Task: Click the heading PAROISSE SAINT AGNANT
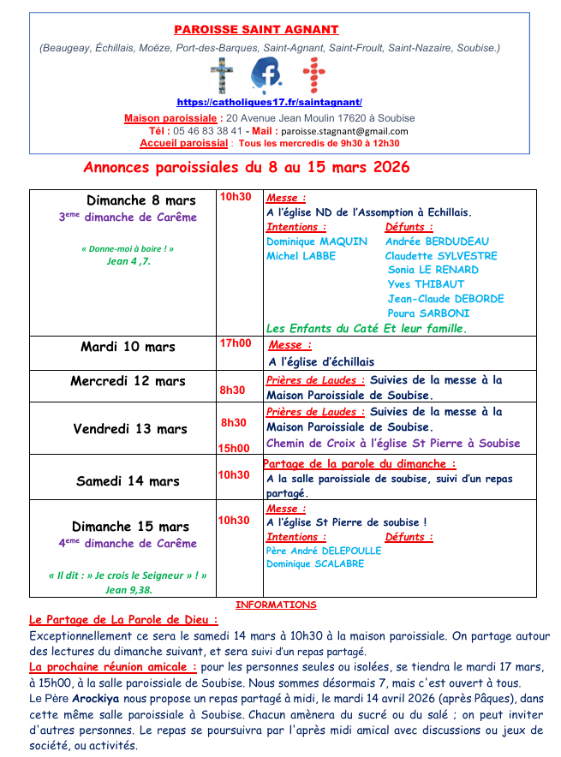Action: (x=256, y=30)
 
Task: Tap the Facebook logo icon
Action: (x=266, y=75)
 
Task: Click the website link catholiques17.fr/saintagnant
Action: (x=269, y=102)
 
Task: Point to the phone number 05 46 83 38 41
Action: (x=207, y=131)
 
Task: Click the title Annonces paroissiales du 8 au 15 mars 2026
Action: (x=246, y=166)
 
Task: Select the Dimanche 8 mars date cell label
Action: (x=140, y=200)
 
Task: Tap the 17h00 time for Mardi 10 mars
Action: (x=236, y=343)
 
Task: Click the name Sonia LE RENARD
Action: (x=433, y=270)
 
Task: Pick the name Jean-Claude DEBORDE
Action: (x=445, y=299)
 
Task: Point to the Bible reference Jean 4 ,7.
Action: (x=128, y=261)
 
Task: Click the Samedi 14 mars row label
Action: (x=128, y=481)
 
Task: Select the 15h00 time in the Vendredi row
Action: (x=234, y=448)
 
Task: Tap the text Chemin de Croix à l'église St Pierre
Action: (x=393, y=444)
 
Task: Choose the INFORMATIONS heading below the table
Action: (x=276, y=605)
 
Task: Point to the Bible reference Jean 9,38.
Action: (x=128, y=590)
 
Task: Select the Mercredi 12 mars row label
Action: (x=128, y=381)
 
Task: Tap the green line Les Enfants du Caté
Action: (x=367, y=328)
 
